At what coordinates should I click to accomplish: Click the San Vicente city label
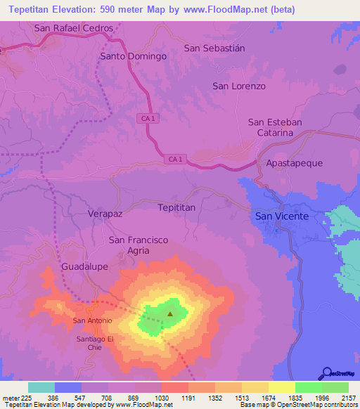tap(281, 216)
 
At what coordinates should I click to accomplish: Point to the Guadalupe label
tap(84, 267)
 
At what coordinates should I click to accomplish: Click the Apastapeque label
tap(294, 163)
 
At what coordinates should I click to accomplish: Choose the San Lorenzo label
tap(239, 86)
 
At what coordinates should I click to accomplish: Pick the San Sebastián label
tap(214, 48)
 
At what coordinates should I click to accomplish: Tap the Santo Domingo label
tap(134, 56)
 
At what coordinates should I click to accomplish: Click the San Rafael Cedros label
tap(73, 28)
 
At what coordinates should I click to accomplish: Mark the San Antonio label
tap(93, 321)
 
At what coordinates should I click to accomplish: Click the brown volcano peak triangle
tap(170, 314)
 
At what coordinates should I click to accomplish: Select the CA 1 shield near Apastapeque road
tap(176, 160)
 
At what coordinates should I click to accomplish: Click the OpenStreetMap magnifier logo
tap(326, 373)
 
